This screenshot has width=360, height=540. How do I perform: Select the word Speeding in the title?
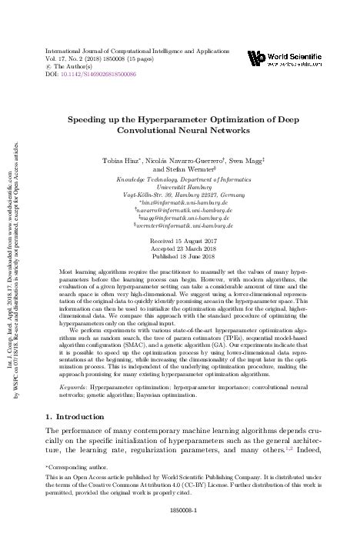[91, 121]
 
